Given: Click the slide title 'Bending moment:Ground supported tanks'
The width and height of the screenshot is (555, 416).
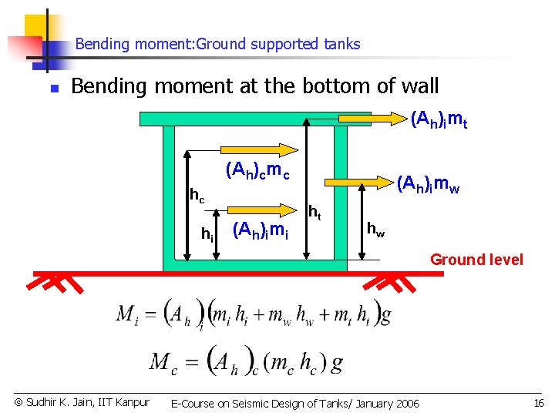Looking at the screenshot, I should point(217,44).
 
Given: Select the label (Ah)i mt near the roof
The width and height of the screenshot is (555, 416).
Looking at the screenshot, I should point(439,119).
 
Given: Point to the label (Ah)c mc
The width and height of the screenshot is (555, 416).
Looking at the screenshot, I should point(257,170).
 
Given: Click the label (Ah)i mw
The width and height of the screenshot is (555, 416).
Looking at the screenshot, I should point(428,185).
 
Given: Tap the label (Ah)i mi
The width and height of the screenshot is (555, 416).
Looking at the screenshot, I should point(261,230).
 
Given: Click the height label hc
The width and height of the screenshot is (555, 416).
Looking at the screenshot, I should point(197,196).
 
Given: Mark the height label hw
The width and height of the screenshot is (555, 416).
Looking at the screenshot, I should point(375,229).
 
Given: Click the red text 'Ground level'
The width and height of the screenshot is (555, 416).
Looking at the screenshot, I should point(476,260).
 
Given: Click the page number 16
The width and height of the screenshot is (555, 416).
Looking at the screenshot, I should point(537,403).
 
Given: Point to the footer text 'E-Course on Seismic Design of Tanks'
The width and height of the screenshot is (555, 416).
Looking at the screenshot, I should point(295,403).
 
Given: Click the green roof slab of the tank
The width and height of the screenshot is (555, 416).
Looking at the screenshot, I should point(231,119).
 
